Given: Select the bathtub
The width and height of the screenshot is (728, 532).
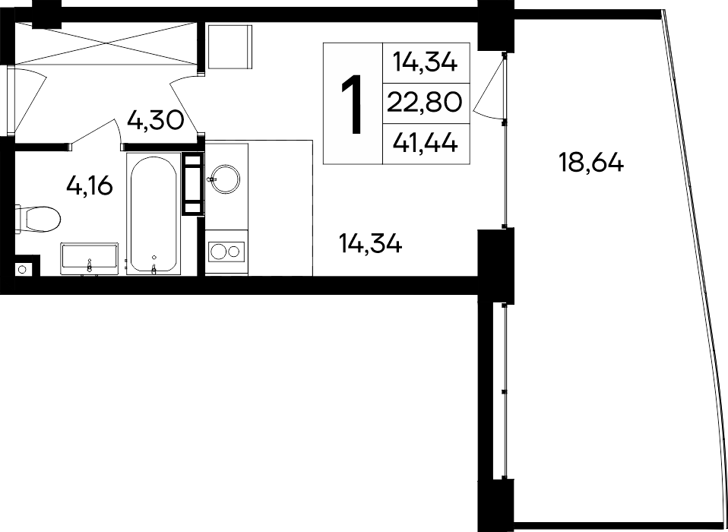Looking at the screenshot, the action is pyautogui.click(x=154, y=214).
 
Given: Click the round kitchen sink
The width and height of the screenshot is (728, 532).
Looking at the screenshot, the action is pyautogui.click(x=225, y=179).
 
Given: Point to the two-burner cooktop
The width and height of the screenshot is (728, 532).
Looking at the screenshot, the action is pyautogui.click(x=226, y=252).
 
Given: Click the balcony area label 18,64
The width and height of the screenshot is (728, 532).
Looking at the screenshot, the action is pyautogui.click(x=591, y=163).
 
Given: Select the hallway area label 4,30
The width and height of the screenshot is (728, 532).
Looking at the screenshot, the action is pyautogui.click(x=156, y=121).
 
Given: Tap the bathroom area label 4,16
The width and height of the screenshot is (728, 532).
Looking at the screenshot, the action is pyautogui.click(x=90, y=186).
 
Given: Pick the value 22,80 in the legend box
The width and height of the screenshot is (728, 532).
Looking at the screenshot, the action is pyautogui.click(x=424, y=103).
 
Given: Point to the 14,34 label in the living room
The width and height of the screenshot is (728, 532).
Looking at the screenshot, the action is pyautogui.click(x=371, y=243).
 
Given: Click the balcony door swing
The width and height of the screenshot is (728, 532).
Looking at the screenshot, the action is pyautogui.click(x=489, y=88).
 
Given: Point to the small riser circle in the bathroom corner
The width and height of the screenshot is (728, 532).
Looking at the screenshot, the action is pyautogui.click(x=22, y=269).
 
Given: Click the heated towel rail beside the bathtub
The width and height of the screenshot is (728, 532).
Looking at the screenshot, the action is pyautogui.click(x=193, y=184).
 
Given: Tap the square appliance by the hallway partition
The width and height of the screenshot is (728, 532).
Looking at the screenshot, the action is pyautogui.click(x=229, y=46).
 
